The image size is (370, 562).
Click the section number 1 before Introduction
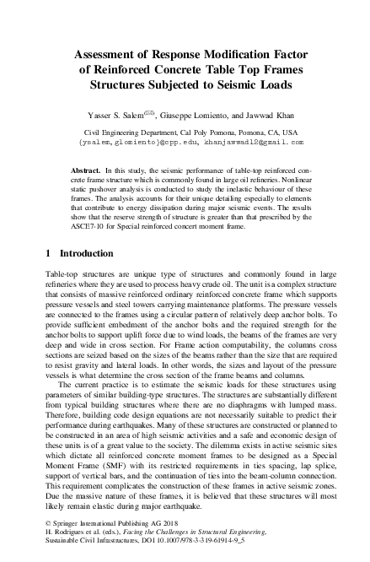46,253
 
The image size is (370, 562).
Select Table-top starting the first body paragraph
62,274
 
